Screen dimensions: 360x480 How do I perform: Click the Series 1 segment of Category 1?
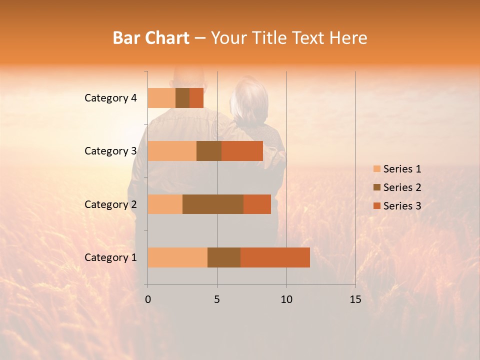[177, 257]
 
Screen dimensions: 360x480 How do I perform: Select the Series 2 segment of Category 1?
[224, 257]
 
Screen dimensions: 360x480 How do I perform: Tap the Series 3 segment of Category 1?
[275, 257]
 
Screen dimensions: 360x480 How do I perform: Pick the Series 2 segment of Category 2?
[213, 204]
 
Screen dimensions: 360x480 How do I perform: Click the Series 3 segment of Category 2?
[257, 204]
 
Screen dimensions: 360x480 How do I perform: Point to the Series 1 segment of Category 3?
[172, 151]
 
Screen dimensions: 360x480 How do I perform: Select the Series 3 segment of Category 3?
[242, 151]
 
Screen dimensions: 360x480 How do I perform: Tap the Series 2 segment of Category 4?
[182, 98]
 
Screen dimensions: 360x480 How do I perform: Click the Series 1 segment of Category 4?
[161, 98]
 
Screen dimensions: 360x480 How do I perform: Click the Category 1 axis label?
[110, 257]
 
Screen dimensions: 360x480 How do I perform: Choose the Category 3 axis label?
[110, 151]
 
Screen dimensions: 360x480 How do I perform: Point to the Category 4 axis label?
[110, 98]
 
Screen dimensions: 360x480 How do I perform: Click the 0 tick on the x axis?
[148, 299]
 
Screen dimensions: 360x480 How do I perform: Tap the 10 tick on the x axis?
[286, 299]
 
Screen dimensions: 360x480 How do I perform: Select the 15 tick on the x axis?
[355, 299]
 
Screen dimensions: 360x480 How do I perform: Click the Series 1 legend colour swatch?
[376, 169]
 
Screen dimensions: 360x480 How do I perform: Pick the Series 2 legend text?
[402, 187]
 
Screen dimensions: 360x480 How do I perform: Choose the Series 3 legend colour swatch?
[376, 206]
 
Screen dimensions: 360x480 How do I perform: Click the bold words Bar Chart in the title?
[151, 38]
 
